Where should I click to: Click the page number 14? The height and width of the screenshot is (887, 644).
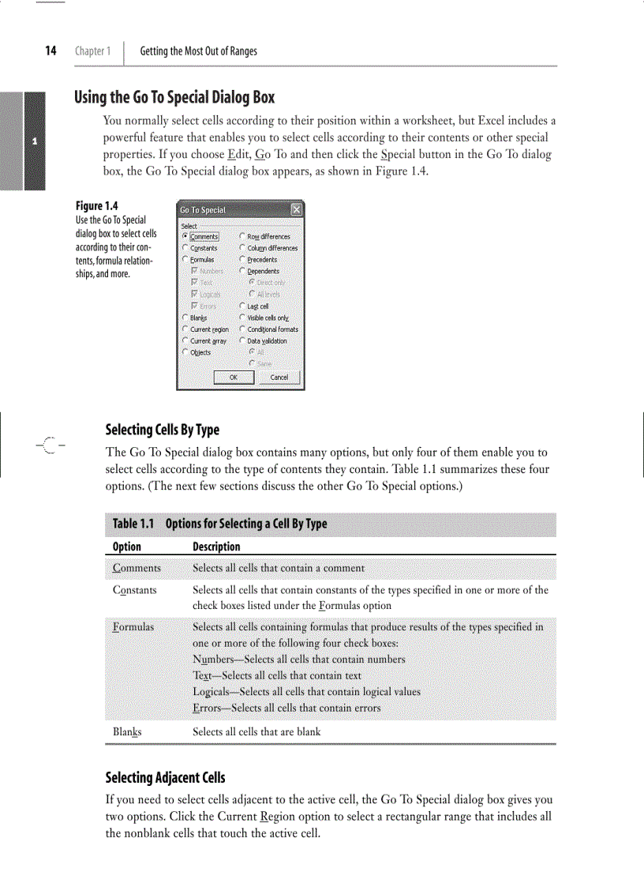(51, 51)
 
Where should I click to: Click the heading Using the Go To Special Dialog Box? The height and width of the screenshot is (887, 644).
(174, 98)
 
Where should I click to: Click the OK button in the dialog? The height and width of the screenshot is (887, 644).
(234, 378)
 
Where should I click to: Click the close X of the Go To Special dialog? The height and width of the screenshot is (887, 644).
(296, 210)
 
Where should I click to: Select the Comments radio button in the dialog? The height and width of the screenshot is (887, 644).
(185, 236)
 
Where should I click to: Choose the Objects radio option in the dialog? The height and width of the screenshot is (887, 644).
(185, 352)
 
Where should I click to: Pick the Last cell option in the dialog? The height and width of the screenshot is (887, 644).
(242, 306)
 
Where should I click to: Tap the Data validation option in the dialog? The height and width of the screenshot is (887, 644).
(242, 341)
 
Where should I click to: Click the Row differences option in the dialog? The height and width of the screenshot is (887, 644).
(242, 236)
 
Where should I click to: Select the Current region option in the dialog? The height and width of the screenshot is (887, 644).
(185, 329)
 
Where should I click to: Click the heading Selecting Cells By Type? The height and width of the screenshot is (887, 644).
(163, 430)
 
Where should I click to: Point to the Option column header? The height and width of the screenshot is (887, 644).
(127, 547)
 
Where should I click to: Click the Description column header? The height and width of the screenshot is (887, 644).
(216, 547)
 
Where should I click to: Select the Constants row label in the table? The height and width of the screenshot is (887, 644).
(134, 590)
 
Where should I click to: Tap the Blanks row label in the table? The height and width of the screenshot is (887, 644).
(128, 731)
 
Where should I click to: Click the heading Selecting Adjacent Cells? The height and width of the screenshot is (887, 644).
(165, 778)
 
